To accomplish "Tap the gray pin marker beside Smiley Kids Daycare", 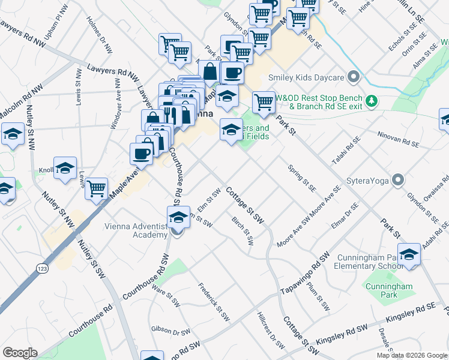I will click(353, 77).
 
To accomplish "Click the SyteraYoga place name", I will click(367, 180).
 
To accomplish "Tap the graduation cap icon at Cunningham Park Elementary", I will click(409, 255).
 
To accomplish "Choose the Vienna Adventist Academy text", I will click(136, 230).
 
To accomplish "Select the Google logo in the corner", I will click(20, 352).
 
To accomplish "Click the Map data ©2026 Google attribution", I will click(411, 355).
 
